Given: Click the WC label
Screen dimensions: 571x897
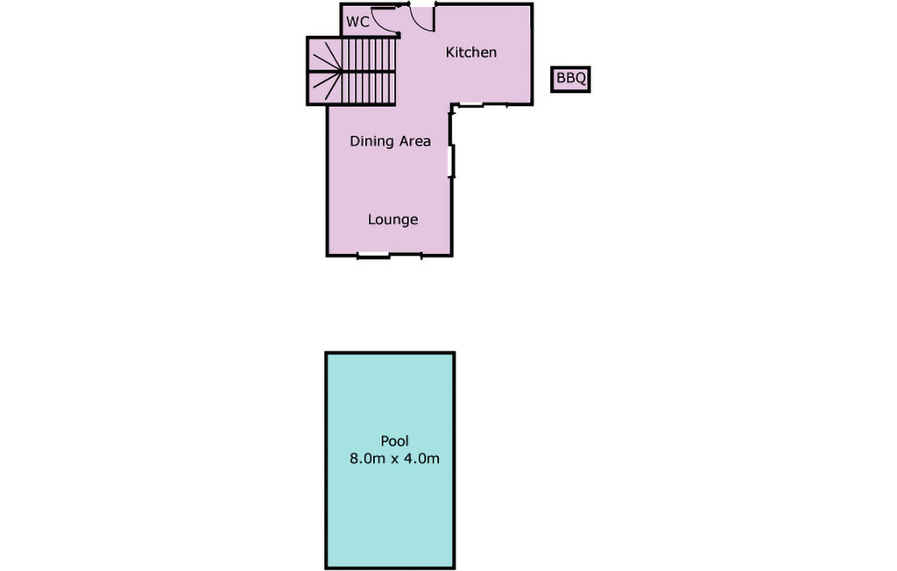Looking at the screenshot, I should [357, 22].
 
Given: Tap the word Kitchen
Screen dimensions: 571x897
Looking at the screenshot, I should [470, 53].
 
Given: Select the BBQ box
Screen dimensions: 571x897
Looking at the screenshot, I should [570, 80].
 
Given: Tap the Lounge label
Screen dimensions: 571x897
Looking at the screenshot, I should [392, 220].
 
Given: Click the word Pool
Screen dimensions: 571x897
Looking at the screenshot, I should [394, 441].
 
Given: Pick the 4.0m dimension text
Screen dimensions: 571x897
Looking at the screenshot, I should [420, 458].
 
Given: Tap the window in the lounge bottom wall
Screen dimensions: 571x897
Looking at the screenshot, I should [374, 256].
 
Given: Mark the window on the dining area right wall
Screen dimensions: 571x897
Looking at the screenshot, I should [451, 162].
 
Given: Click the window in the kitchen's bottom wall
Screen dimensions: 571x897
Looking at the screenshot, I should [470, 105].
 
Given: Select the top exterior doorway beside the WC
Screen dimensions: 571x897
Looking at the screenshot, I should [422, 7].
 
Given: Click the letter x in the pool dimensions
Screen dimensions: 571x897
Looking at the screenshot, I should [393, 459].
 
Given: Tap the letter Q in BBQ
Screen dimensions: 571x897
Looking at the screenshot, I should [580, 80].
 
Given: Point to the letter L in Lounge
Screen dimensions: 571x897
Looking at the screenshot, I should [371, 220].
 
